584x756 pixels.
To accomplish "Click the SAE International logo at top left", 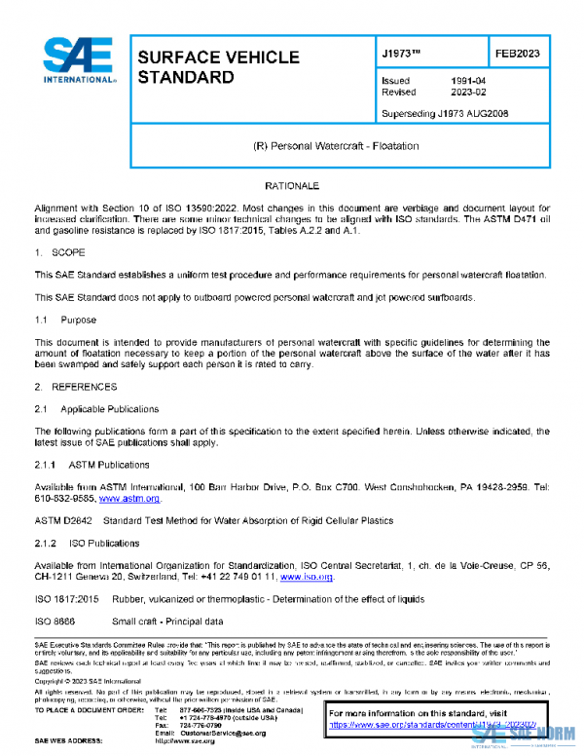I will [x=76, y=63].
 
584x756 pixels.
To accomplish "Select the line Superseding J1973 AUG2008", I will [x=444, y=114].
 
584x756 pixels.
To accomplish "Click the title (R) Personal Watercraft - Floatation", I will [x=335, y=145].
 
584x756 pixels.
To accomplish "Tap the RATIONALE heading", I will [x=292, y=185].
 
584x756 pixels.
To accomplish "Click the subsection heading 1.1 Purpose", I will [x=66, y=320].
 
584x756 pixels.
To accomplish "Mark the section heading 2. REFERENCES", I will [x=74, y=387].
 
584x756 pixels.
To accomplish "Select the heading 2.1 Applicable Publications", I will [x=97, y=409].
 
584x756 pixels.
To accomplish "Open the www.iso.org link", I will [x=307, y=577].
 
